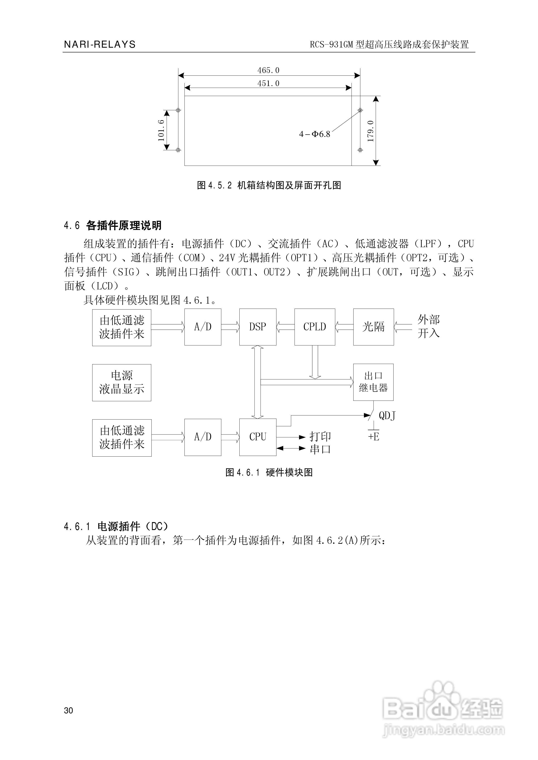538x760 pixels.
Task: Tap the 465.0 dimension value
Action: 268,70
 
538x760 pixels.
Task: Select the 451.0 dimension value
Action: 268,83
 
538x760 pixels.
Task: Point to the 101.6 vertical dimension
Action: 161,130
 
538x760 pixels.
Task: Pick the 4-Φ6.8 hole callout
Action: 314,134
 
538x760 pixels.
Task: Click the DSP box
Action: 258,327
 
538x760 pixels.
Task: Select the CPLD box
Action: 315,327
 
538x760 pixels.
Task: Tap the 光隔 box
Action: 373,327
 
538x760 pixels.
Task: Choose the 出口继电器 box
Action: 373,382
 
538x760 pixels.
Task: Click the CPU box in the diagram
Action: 258,437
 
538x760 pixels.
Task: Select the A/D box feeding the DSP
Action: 203,327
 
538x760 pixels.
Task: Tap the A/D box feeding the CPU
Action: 203,437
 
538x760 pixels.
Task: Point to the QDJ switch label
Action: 387,416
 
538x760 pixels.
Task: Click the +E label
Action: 374,437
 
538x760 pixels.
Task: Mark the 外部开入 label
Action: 428,327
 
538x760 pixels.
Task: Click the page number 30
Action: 68,711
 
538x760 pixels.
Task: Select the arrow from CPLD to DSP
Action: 285,327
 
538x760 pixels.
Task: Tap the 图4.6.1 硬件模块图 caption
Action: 269,472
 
